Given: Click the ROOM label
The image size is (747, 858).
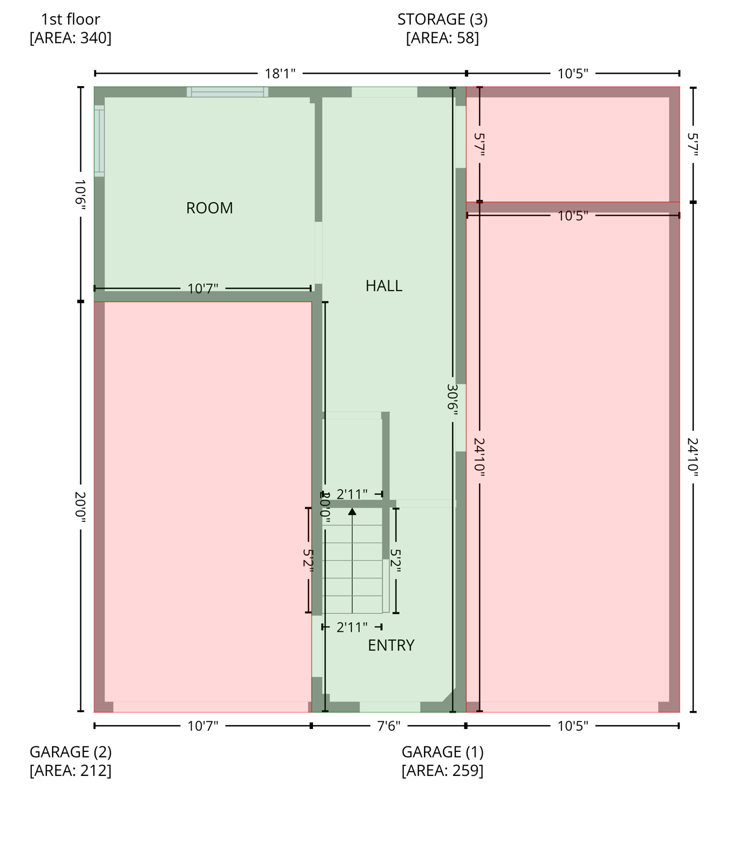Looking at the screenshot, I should (x=210, y=208).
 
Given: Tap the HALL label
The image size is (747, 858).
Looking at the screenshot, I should (x=384, y=286).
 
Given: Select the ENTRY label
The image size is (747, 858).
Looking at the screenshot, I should (x=391, y=646).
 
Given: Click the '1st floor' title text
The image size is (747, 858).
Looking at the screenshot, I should (x=70, y=20).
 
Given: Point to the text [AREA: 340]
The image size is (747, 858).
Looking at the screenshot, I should (x=70, y=38).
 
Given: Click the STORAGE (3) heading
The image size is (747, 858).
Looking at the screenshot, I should (x=443, y=20).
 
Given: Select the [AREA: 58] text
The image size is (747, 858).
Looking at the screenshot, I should (x=443, y=38).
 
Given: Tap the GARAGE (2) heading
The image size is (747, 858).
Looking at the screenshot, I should (x=70, y=752).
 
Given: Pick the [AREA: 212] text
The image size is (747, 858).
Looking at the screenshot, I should (x=70, y=771).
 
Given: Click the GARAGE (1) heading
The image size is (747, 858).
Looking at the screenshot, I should (x=443, y=752).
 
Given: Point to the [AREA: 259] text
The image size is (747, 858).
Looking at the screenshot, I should (x=443, y=771).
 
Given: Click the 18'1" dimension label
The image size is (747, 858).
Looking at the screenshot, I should (x=280, y=74).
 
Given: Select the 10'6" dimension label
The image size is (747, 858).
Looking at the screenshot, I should (x=80, y=194).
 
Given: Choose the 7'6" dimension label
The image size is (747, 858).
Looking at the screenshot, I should (x=388, y=726).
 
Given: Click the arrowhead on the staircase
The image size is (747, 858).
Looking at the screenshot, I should (x=352, y=511).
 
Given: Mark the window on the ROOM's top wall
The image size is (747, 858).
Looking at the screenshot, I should (x=227, y=92).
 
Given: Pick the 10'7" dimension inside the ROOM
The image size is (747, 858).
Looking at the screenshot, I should (x=203, y=289).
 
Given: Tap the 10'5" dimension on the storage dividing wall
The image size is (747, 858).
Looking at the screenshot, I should (x=573, y=216).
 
